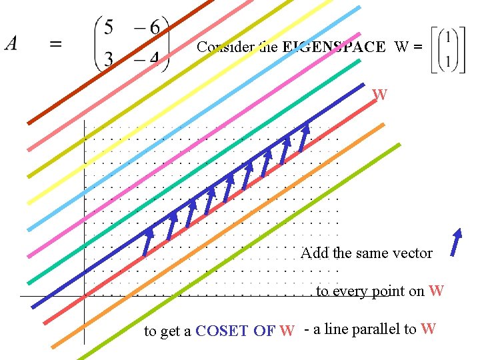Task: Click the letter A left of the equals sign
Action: (11, 43)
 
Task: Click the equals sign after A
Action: (57, 44)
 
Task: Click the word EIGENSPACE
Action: (334, 47)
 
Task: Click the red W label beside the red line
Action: (380, 95)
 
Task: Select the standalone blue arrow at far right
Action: (457, 243)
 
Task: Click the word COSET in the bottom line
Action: (223, 331)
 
